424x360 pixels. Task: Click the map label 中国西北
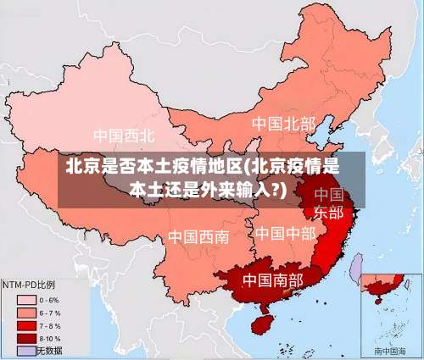pos(124,136)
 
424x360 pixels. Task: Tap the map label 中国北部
pos(283,124)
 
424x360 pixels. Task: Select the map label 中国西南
pos(198,236)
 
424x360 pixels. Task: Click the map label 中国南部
pos(272,279)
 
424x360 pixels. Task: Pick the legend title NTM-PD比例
pos(29,285)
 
